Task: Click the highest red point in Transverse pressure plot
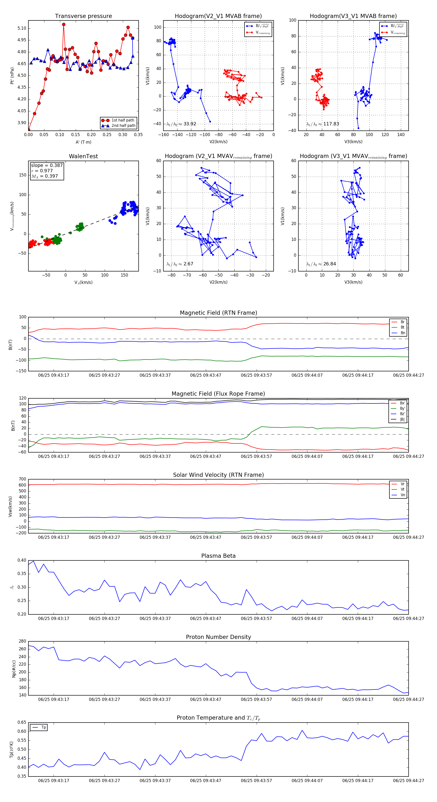pyautogui.click(x=64, y=24)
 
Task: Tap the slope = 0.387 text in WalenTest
pyautogui.click(x=47, y=165)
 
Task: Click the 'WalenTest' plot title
pyautogui.click(x=83, y=156)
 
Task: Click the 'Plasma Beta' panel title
pyautogui.click(x=218, y=556)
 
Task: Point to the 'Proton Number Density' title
pyautogui.click(x=218, y=637)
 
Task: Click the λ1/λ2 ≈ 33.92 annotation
pyautogui.click(x=181, y=124)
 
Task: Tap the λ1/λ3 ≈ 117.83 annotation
pyautogui.click(x=323, y=124)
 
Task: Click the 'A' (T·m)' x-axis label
pyautogui.click(x=83, y=142)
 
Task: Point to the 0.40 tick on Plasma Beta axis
pyautogui.click(x=22, y=560)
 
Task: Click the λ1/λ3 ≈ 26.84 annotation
pyautogui.click(x=321, y=264)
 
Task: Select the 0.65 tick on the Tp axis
pyautogui.click(x=22, y=722)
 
